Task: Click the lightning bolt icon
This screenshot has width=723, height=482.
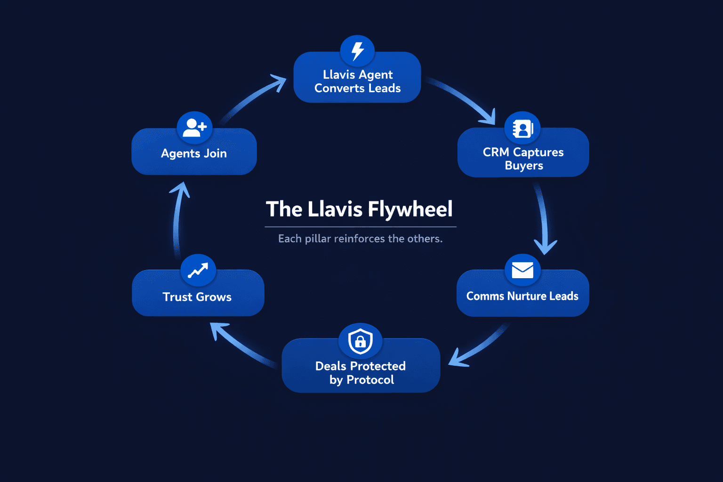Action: tap(358, 51)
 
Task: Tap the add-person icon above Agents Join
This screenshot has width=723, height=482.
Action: tap(194, 128)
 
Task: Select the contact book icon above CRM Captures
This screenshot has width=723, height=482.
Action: tap(522, 129)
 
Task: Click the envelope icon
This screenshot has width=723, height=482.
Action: tap(522, 270)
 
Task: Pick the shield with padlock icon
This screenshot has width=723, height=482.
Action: tap(360, 340)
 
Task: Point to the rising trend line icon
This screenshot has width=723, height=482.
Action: tap(198, 271)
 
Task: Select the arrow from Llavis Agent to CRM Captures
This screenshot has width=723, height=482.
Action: tap(464, 100)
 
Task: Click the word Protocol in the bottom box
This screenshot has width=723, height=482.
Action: tap(370, 380)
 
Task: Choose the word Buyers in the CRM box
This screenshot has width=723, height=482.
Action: tap(524, 166)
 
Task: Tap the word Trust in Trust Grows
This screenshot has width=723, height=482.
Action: tap(177, 297)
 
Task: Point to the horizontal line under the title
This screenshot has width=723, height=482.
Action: tap(360, 227)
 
